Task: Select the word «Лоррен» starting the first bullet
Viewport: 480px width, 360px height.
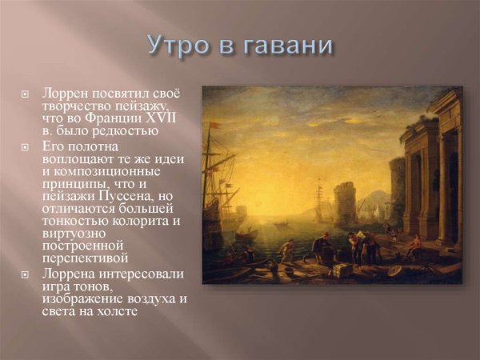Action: (66, 93)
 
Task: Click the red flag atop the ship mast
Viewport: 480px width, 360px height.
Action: (214, 126)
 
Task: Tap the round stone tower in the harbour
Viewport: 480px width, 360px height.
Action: (346, 204)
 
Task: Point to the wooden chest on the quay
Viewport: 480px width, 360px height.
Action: (342, 270)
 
